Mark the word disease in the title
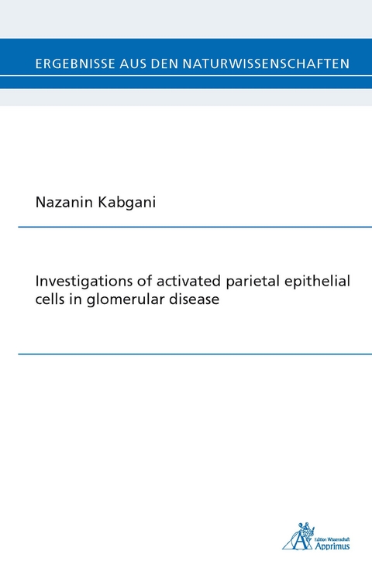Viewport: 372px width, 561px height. click(194, 300)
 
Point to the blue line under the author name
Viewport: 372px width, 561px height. click(195, 227)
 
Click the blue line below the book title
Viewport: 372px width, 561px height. click(195, 354)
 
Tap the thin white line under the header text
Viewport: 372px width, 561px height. click(186, 76)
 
